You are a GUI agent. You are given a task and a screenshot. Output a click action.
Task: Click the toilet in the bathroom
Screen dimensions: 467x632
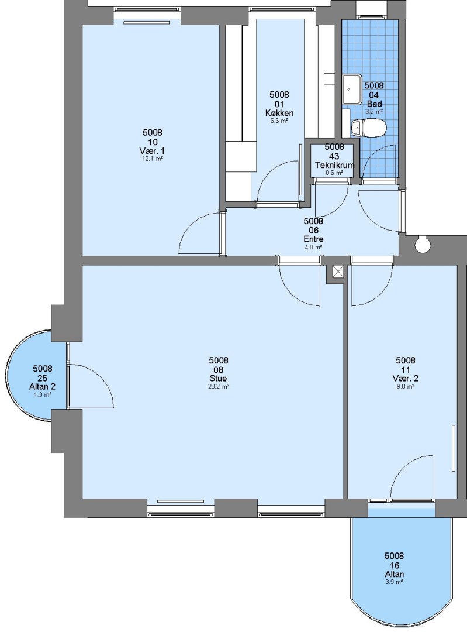coord(368,128)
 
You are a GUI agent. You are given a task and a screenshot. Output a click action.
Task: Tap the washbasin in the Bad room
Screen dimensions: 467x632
coord(352,89)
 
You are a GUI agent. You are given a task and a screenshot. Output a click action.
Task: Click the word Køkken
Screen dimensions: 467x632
coord(279,113)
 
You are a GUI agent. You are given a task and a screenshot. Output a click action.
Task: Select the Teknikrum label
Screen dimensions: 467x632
coord(334,165)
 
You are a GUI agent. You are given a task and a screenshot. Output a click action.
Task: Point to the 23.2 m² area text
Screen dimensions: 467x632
coord(219,387)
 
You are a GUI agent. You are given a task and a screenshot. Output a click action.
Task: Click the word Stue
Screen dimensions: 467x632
coord(218,379)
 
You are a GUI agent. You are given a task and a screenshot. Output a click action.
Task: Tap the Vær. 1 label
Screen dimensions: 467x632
coord(153,151)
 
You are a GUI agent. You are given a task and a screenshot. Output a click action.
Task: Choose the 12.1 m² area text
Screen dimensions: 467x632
coord(153,159)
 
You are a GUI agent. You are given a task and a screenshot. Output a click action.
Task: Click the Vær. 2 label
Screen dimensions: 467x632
coord(406,379)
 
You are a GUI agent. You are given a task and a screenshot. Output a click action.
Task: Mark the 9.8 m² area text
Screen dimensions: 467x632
coord(406,387)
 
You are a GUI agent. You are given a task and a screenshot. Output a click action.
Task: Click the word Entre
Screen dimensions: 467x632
coord(314,239)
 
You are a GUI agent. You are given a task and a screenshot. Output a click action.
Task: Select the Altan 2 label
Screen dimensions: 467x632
coord(42,387)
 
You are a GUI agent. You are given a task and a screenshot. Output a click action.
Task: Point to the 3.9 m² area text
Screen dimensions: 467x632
coord(394,582)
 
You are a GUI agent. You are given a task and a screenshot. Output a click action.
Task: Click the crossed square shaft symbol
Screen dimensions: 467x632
coord(337,272)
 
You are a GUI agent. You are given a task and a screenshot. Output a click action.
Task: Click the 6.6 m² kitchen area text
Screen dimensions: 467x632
coord(279,121)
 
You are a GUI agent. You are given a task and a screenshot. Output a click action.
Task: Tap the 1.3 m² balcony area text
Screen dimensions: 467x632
coord(42,395)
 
